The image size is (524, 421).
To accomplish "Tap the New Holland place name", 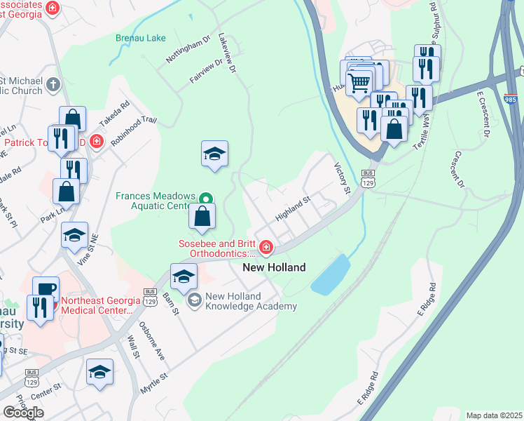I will [274, 267].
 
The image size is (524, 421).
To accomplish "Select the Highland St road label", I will [292, 209].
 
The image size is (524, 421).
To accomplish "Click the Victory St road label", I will [341, 178].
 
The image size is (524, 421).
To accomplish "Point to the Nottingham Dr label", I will [188, 51].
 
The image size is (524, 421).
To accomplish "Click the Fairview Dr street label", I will [206, 72].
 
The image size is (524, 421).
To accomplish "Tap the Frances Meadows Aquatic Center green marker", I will [205, 199].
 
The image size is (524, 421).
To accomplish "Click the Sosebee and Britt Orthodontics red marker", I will [266, 247].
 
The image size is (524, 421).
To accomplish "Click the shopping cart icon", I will [359, 82].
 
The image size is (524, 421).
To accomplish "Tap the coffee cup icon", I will [46, 289].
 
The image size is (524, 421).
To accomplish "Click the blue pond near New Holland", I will [331, 274].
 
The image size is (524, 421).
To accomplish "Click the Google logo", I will [23, 412].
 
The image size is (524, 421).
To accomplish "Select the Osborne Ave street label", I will [151, 342].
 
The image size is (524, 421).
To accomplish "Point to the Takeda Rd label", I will [114, 114].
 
